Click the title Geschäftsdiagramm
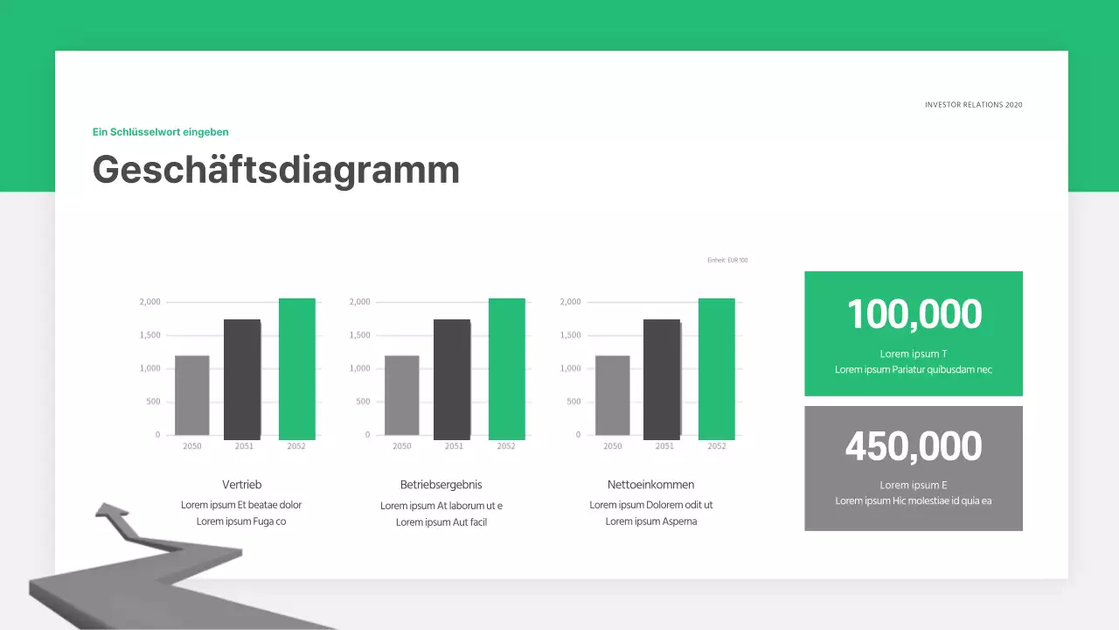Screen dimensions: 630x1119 [x=276, y=170]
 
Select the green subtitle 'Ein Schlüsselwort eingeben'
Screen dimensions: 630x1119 [x=161, y=132]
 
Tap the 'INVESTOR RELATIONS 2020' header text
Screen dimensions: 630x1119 [x=973, y=105]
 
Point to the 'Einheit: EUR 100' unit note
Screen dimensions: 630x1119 [x=727, y=260]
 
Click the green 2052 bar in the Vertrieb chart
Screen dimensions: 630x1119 [x=297, y=369]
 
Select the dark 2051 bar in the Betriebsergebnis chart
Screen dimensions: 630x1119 [x=452, y=379]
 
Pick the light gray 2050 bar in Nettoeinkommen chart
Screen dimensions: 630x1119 [x=612, y=395]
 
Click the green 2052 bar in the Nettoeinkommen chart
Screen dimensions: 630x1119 [x=717, y=369]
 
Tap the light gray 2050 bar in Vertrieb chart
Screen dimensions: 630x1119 [x=192, y=395]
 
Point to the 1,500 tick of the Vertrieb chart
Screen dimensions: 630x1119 [x=150, y=335]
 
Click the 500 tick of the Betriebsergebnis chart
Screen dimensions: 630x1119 [x=363, y=402]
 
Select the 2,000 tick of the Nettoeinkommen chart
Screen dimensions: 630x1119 [x=570, y=302]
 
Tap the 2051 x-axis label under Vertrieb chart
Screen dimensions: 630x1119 [x=245, y=446]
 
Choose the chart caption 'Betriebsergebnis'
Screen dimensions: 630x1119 [x=441, y=485]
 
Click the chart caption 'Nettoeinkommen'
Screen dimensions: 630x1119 [x=651, y=485]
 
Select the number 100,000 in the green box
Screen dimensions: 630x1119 [x=914, y=315]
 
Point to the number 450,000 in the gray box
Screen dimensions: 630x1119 [x=914, y=446]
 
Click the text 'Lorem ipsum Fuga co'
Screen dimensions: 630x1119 [x=241, y=521]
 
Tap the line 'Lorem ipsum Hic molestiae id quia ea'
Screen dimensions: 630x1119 [x=914, y=501]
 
